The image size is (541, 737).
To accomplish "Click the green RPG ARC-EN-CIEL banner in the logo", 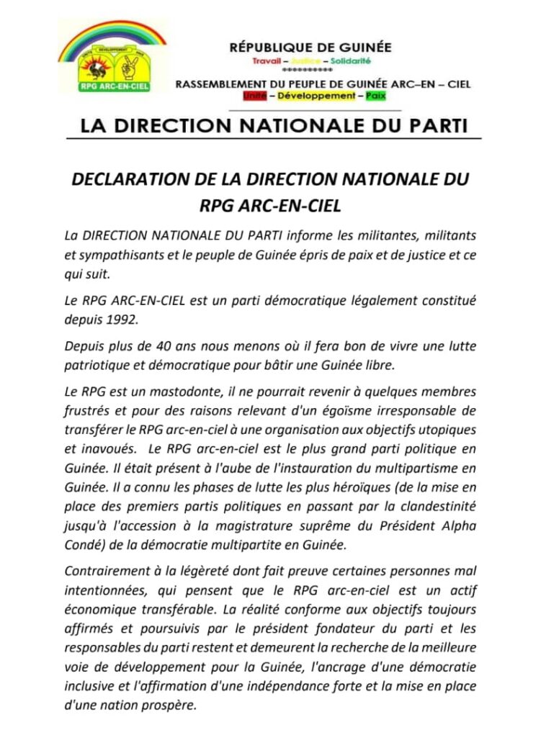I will click(x=112, y=89).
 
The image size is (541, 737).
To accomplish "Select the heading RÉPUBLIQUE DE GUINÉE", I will click(x=310, y=48).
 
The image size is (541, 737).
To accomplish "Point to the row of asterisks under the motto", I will click(x=308, y=71).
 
